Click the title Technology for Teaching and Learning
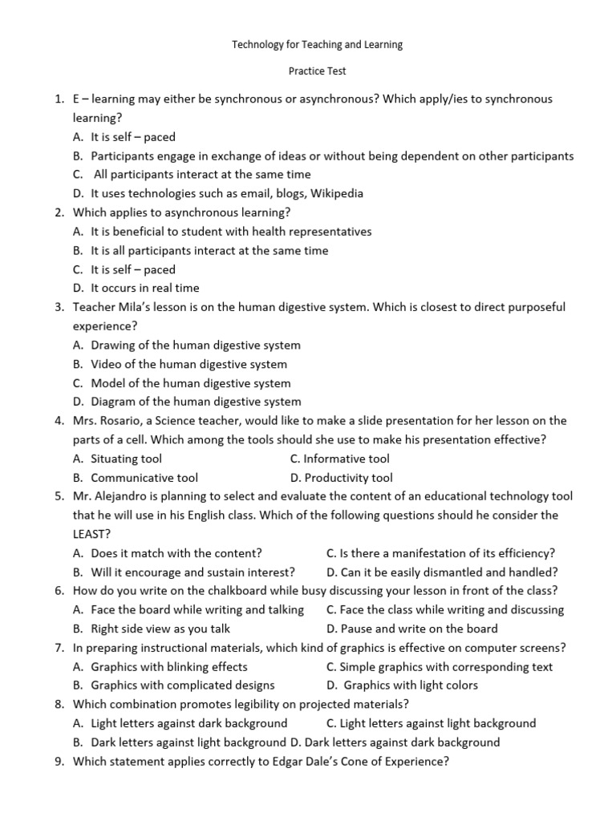[317, 45]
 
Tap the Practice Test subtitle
[317, 71]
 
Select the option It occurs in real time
[145, 288]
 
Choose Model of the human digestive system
[191, 383]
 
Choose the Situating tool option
[126, 459]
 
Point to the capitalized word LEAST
[91, 534]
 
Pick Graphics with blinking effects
[169, 666]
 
